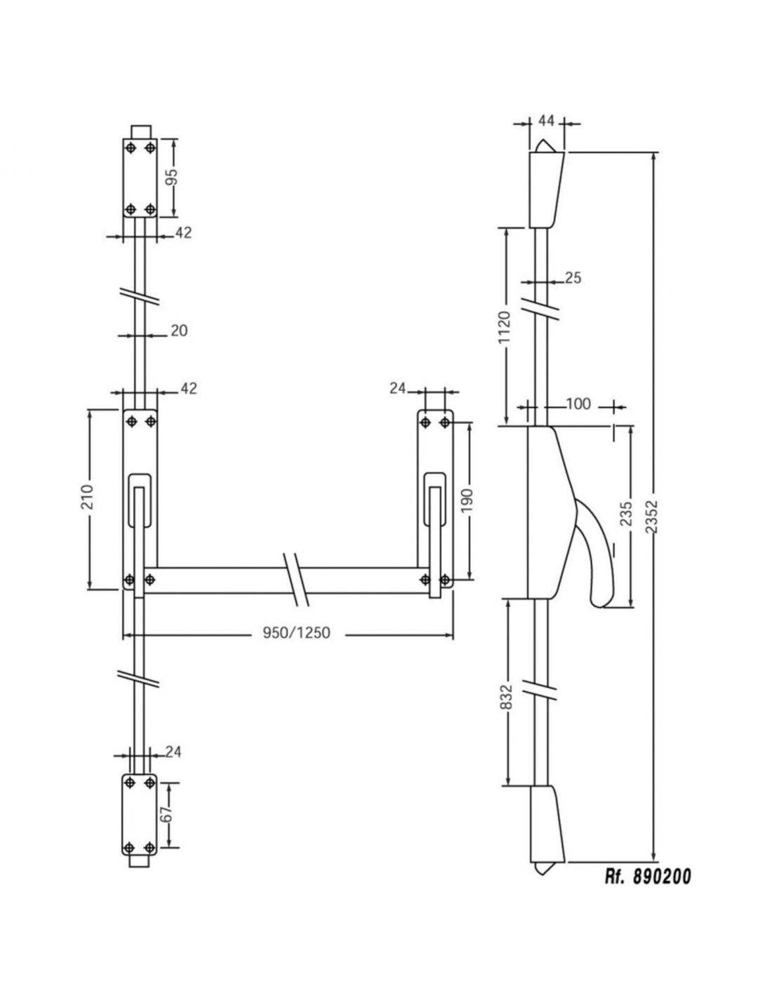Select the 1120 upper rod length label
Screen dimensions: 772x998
[x=504, y=327]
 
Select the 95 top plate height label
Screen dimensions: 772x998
[x=172, y=176]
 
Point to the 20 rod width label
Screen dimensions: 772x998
[x=179, y=331]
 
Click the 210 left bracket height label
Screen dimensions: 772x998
[x=88, y=496]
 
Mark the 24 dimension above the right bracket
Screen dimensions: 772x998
[x=398, y=389]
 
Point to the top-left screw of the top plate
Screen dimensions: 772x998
[x=131, y=148]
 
